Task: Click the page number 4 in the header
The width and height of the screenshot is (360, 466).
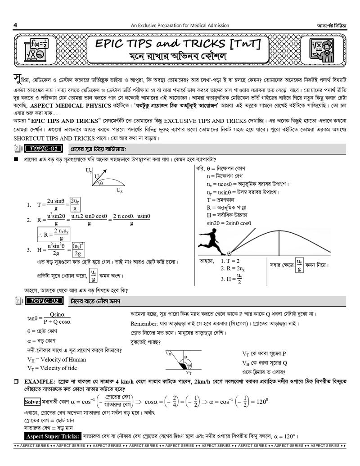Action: pyautogui.click(x=15, y=25)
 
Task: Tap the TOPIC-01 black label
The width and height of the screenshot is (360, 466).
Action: pyautogui.click(x=42, y=149)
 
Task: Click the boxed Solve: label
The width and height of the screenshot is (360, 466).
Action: pyautogui.click(x=31, y=401)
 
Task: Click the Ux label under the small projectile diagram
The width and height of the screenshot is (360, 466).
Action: pyautogui.click(x=119, y=190)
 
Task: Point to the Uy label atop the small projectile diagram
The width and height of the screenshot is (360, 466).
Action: pyautogui.click(x=89, y=171)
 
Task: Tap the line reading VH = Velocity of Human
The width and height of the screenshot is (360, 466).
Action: pyautogui.click(x=57, y=359)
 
